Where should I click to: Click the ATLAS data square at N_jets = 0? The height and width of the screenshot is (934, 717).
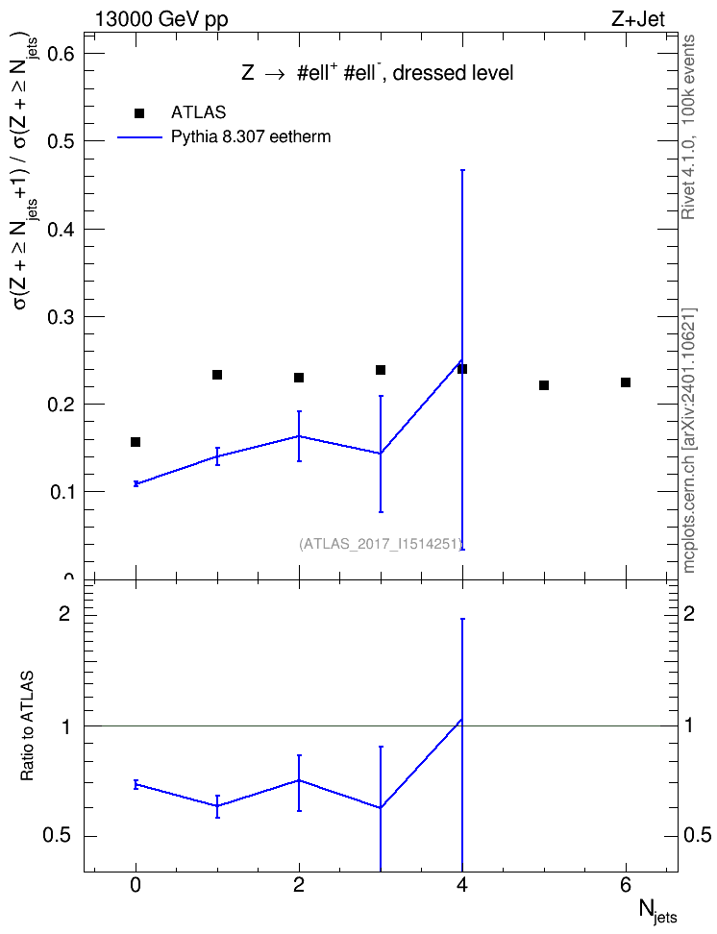pos(136,442)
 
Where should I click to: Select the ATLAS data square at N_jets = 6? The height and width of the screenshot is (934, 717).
pos(626,382)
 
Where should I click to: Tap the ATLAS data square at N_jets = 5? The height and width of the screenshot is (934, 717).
pos(544,385)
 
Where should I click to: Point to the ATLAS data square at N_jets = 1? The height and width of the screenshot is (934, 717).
pos(217,375)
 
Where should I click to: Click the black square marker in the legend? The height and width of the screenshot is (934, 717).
pos(139,113)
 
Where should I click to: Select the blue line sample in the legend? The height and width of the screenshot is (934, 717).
pos(139,137)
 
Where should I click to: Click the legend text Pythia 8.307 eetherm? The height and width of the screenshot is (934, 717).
pos(250,137)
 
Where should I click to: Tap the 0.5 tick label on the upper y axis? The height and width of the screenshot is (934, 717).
pos(60,141)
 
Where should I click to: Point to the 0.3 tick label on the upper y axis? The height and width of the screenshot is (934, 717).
pos(60,317)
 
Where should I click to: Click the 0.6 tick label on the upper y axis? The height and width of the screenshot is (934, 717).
pos(60,54)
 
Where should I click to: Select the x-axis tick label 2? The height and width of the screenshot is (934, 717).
pos(299,885)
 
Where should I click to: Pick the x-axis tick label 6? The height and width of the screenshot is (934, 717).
pos(626,885)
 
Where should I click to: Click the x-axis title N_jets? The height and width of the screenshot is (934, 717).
pos(657,911)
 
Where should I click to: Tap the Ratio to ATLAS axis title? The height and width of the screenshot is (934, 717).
pos(27,725)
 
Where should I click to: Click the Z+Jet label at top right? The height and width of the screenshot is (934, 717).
pos(638,19)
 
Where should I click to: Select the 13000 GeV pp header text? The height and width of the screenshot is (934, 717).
pos(161,20)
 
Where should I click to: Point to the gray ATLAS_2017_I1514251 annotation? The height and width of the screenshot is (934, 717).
pos(381,543)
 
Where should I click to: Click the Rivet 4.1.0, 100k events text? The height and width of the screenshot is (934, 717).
pos(688,127)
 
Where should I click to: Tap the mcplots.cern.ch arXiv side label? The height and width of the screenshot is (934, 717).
pos(688,440)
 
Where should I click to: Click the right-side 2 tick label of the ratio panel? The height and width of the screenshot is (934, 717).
pos(689,613)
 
